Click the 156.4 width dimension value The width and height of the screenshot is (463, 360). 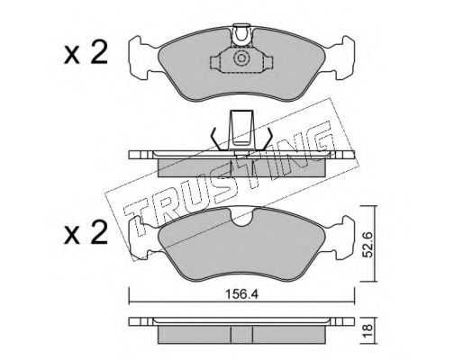coord(241,294)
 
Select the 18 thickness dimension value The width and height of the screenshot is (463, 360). coord(368,330)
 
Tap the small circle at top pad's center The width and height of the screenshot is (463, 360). coord(241,58)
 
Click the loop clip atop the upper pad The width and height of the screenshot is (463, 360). coord(241,35)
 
